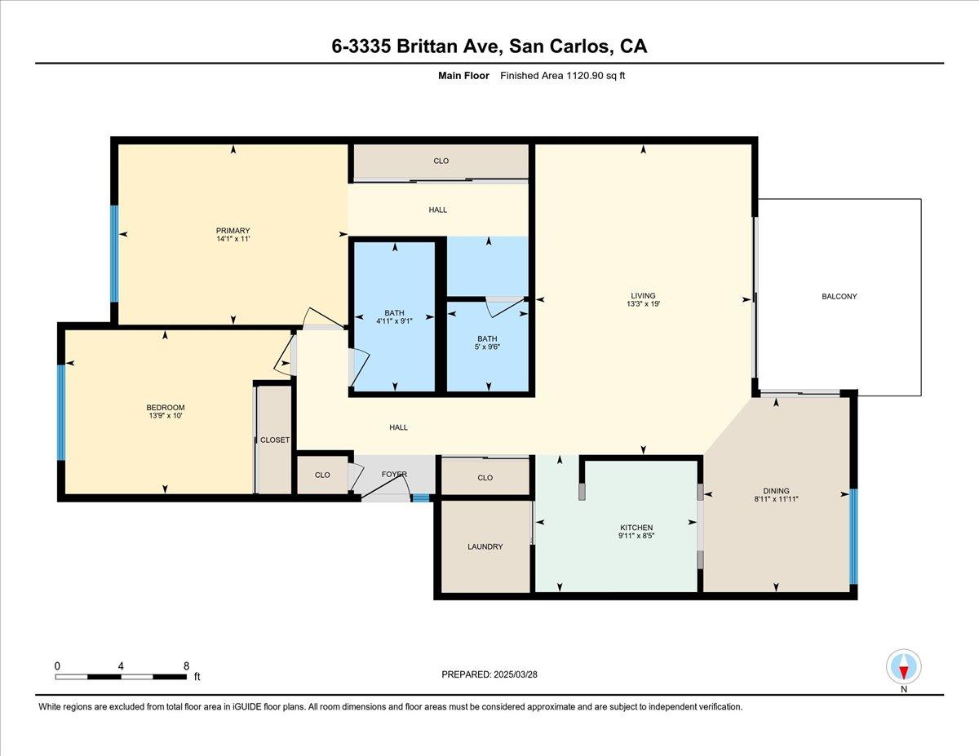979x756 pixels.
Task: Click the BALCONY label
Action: point(839,296)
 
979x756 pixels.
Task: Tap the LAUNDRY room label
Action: point(485,546)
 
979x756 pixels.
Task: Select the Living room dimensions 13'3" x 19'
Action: point(643,304)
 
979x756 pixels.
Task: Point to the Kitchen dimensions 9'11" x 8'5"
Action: point(636,535)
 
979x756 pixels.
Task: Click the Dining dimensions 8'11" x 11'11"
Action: point(776,499)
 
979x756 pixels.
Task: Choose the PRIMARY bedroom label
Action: point(233,231)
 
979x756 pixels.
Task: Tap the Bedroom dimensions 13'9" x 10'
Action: point(166,416)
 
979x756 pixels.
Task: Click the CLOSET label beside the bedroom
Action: point(275,440)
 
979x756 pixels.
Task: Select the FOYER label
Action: point(394,474)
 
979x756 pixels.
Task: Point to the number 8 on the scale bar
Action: point(186,666)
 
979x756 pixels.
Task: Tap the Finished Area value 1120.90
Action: point(584,76)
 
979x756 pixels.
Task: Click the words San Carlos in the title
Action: point(558,46)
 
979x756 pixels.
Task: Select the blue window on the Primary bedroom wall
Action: point(114,254)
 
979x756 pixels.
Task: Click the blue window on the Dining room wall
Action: point(853,537)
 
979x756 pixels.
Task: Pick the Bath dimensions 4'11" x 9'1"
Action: point(394,321)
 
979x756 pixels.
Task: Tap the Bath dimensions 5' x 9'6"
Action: point(488,347)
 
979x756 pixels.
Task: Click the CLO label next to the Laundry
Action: point(485,478)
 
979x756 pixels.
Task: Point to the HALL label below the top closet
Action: point(438,210)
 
